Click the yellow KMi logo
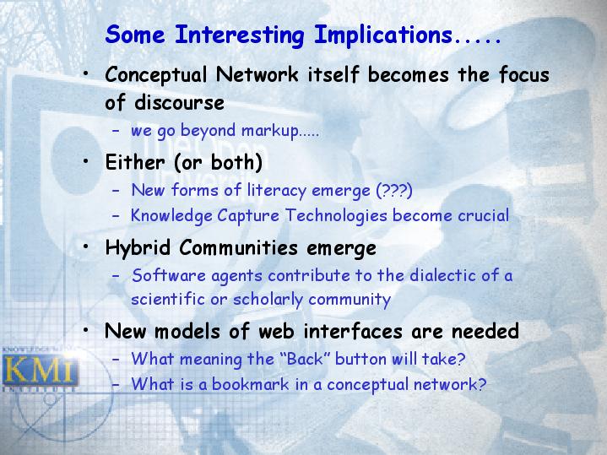point(40,370)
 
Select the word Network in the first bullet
point(257,74)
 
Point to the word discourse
point(179,103)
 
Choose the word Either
point(135,162)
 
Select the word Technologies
point(336,216)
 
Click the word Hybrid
point(138,248)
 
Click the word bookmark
point(251,384)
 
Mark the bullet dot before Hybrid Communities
point(86,246)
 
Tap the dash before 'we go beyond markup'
point(116,131)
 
